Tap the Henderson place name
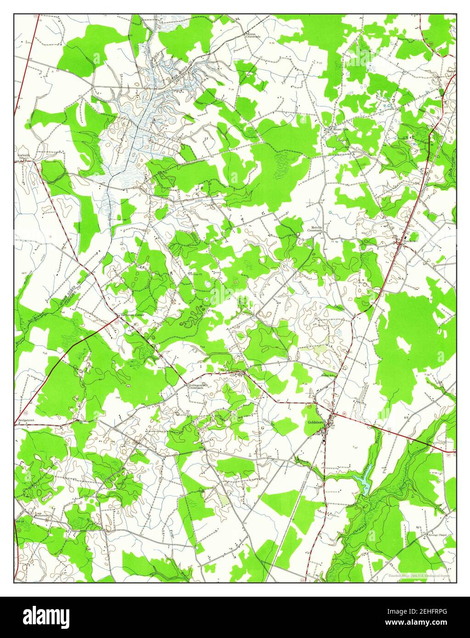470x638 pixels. point(410,241)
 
